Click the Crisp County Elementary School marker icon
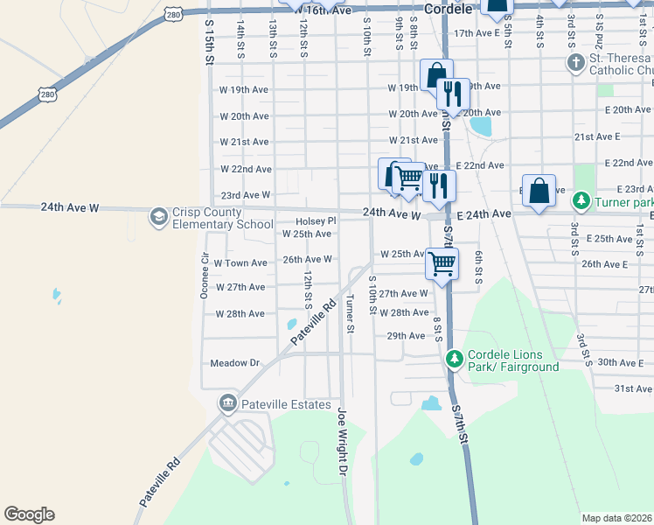(x=158, y=216)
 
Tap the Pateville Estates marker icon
(x=227, y=402)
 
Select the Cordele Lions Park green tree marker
(x=454, y=358)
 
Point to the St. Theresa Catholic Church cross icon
(x=575, y=63)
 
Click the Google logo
(x=29, y=514)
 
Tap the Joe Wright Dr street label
(x=342, y=442)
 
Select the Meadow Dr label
(x=236, y=362)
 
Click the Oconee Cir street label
(x=205, y=277)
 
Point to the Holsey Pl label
(x=316, y=221)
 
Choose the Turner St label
(x=350, y=313)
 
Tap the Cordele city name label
(x=448, y=9)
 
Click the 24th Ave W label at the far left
(x=71, y=207)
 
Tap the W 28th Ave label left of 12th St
(x=240, y=313)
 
